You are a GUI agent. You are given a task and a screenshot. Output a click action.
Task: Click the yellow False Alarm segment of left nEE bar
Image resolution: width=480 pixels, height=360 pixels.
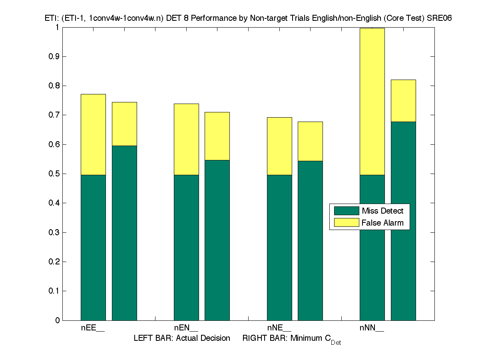click(x=93, y=134)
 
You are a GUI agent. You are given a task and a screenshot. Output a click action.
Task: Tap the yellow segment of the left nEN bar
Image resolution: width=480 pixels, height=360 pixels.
click(x=186, y=139)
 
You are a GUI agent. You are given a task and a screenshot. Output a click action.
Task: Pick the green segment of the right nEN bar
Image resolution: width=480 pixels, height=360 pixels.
click(x=217, y=240)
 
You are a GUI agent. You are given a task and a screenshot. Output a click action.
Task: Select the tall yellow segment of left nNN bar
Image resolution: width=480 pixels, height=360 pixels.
click(x=372, y=102)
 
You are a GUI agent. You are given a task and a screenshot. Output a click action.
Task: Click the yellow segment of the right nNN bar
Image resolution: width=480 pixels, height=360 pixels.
click(x=403, y=101)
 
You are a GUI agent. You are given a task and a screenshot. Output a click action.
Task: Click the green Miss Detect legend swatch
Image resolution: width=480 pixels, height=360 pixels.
click(x=346, y=211)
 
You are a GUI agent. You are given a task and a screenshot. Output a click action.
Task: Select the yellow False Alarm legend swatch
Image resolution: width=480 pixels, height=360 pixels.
click(x=346, y=223)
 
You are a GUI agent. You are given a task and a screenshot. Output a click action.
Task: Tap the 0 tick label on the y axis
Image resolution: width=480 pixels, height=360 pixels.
click(x=58, y=320)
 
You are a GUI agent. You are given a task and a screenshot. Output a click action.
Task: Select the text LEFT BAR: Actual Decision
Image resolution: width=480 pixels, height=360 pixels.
click(x=182, y=338)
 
